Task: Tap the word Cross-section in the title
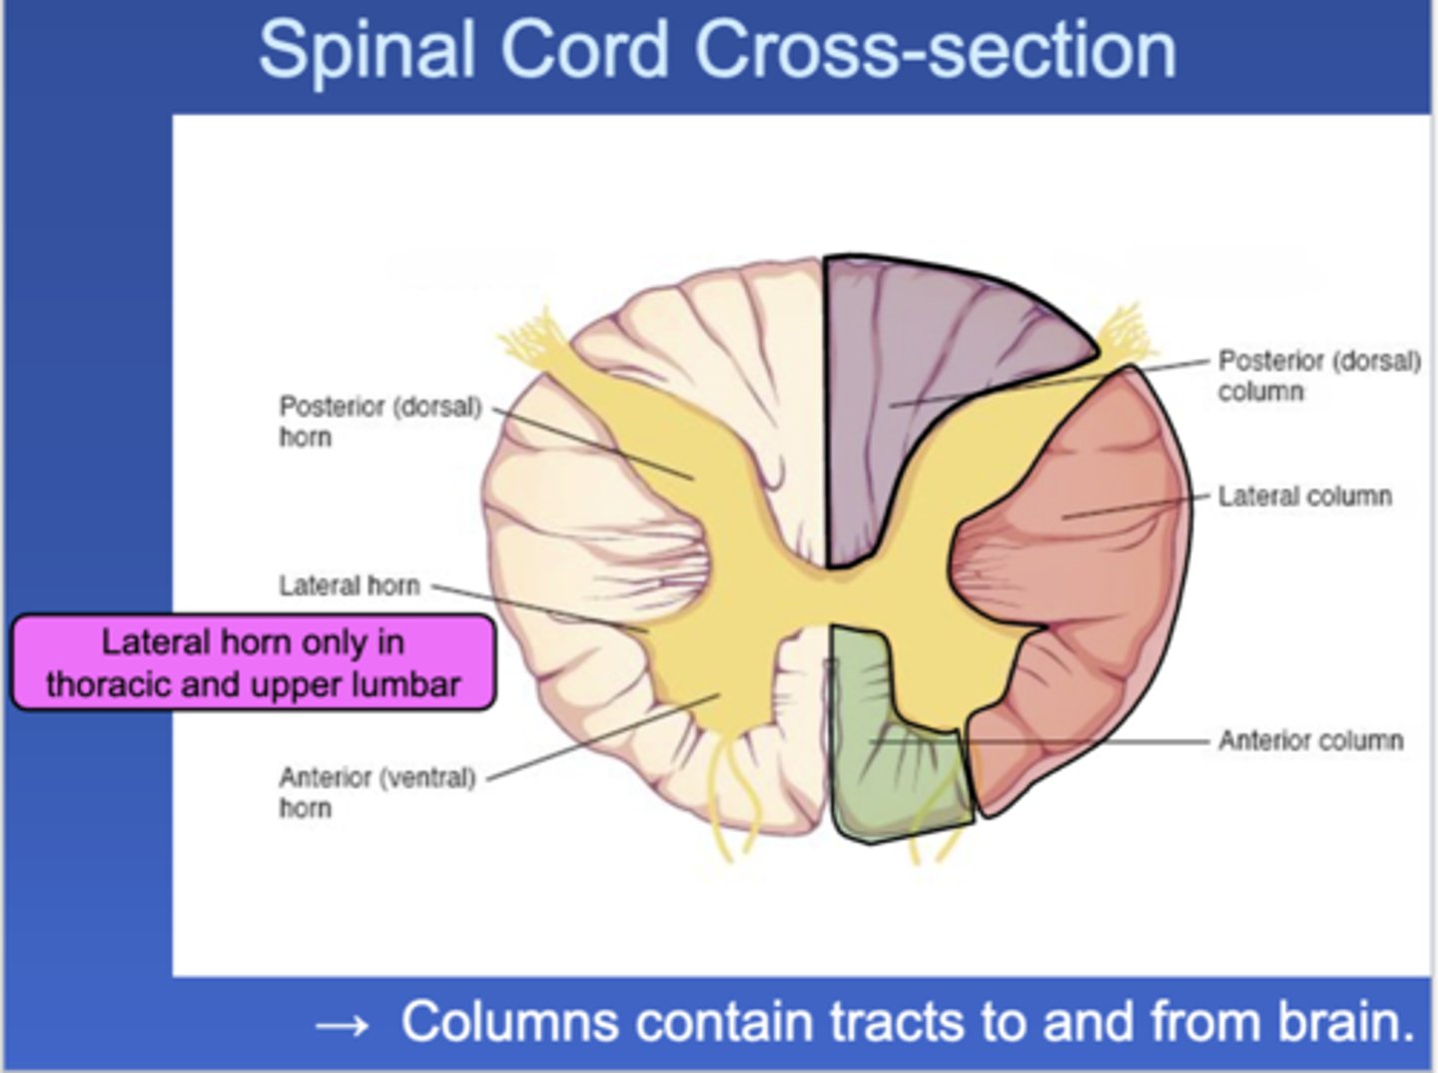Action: coord(936,50)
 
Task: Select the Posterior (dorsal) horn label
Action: coord(380,422)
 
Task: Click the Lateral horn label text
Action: coord(350,585)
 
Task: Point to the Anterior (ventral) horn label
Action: coord(377,792)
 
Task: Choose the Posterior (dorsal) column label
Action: coord(1319,376)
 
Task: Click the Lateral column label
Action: coord(1305,497)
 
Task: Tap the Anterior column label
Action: coord(1311,740)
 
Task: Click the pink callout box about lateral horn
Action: coord(254,662)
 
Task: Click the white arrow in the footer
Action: coord(342,1025)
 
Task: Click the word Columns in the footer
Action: coord(509,1021)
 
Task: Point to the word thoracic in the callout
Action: coord(110,685)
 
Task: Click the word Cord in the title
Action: coord(584,51)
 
